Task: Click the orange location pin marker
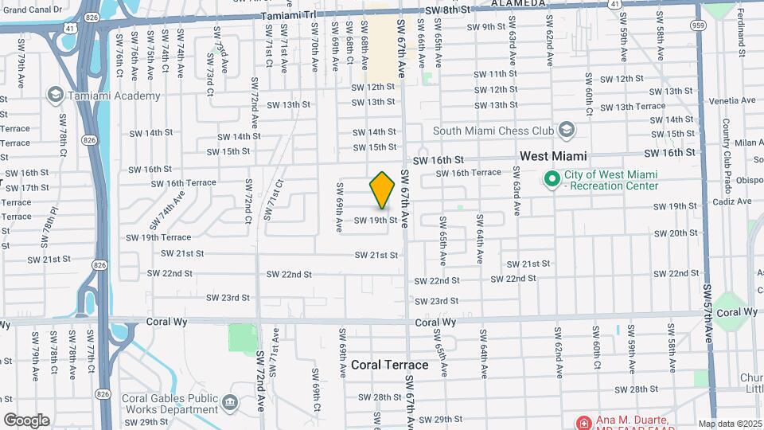[383, 190]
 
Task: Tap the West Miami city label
[553, 157]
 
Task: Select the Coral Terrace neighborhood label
[390, 365]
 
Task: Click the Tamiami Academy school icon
[55, 96]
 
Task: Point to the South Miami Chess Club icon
[566, 130]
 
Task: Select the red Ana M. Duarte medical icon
[583, 421]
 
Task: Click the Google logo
[25, 420]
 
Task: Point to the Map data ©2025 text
[730, 424]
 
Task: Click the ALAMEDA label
[519, 3]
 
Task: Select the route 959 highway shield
[698, 25]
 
